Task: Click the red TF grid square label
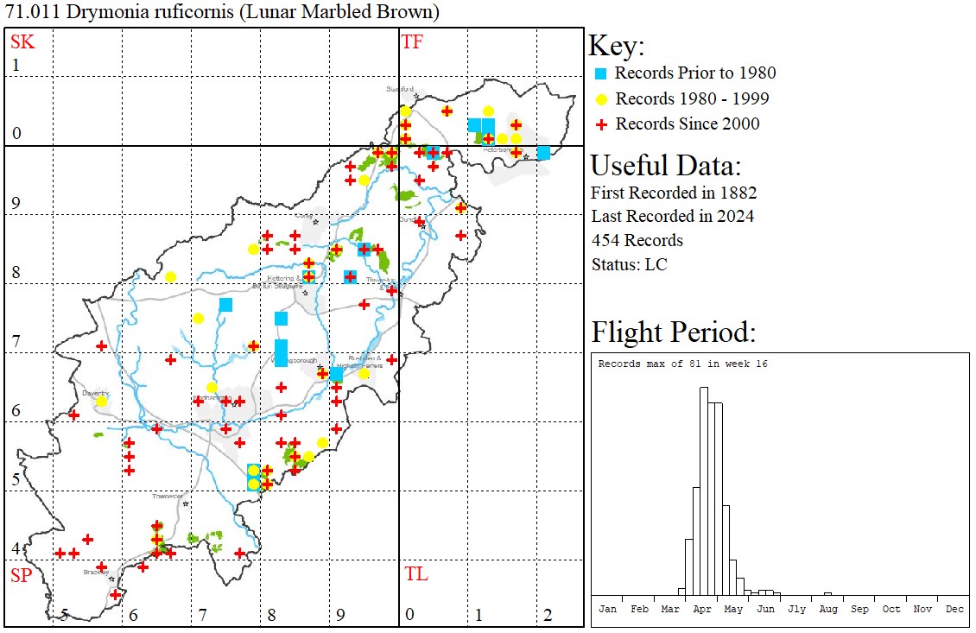tap(412, 41)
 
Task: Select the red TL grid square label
tap(415, 574)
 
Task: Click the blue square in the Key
tap(601, 73)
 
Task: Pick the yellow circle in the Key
tap(601, 98)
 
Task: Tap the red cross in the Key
tap(601, 123)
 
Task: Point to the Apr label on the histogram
tap(702, 609)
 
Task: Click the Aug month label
tap(827, 609)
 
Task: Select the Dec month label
tap(954, 609)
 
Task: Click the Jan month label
tap(607, 609)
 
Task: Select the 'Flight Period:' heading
tap(673, 332)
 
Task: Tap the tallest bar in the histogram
tap(704, 492)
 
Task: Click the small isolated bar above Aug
tap(827, 594)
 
